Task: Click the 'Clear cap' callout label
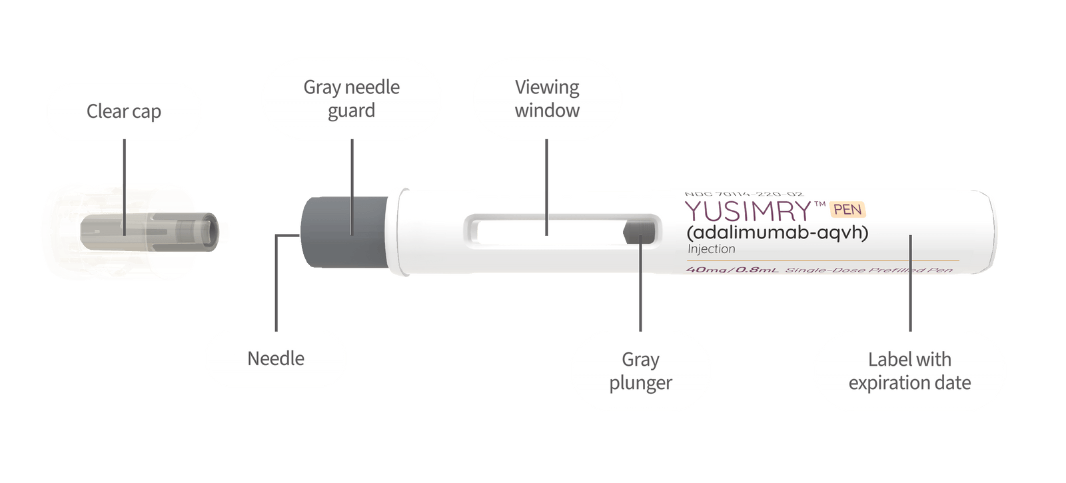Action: click(124, 111)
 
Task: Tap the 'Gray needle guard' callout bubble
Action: click(351, 99)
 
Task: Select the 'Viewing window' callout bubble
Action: click(547, 99)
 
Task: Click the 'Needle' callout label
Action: click(275, 358)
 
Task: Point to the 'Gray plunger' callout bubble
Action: click(640, 370)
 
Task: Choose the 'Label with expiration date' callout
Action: click(909, 370)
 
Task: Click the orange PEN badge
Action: click(847, 210)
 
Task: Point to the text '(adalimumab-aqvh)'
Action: click(777, 233)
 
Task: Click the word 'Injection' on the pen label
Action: click(711, 249)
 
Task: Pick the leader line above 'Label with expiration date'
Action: click(910, 293)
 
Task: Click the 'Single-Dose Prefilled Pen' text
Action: click(869, 270)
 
